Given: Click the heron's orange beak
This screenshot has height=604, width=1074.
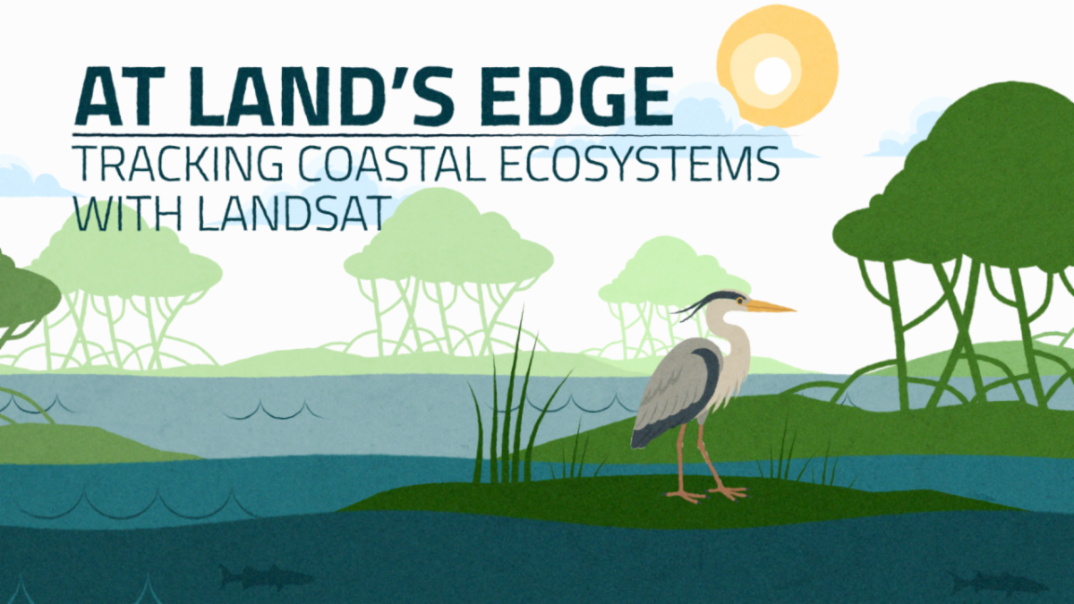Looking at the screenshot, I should coord(771,307).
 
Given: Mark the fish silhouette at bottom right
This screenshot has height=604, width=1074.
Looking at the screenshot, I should coord(998,583).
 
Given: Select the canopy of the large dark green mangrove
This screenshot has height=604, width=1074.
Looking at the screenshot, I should coord(967,179).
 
